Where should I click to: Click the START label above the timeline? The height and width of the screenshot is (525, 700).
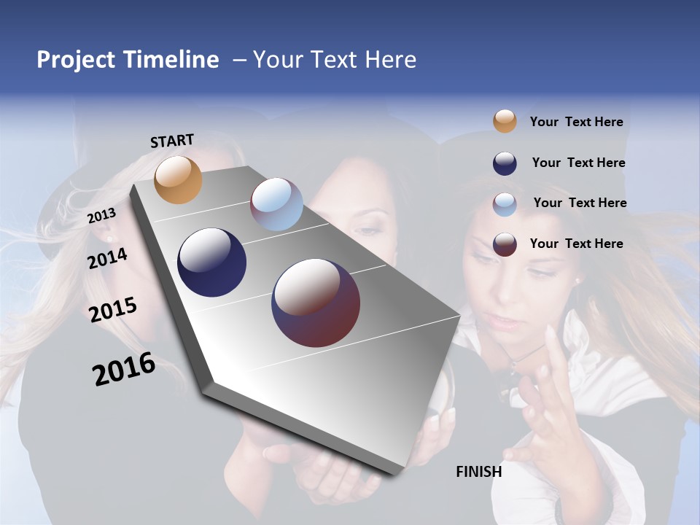(x=172, y=141)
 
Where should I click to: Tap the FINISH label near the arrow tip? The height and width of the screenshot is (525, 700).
(x=478, y=472)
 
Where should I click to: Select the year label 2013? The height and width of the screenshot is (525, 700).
(x=101, y=216)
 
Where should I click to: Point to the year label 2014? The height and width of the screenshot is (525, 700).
(x=107, y=259)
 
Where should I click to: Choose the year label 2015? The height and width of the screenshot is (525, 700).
(x=112, y=310)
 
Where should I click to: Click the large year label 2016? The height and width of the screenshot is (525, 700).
(x=124, y=369)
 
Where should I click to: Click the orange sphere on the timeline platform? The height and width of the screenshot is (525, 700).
(x=178, y=179)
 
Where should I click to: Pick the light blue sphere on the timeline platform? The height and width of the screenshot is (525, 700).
(x=276, y=204)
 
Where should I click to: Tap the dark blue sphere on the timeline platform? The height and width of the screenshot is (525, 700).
(x=212, y=262)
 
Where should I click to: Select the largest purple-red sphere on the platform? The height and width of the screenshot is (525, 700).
(x=316, y=303)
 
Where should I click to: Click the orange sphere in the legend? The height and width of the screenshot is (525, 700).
(x=505, y=122)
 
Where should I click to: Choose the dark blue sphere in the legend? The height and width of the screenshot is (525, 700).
(x=505, y=163)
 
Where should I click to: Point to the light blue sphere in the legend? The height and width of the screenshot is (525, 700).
(x=505, y=203)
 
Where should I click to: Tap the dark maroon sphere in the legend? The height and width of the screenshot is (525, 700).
(x=505, y=244)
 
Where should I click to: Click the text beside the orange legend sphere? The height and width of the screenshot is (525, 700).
(x=576, y=122)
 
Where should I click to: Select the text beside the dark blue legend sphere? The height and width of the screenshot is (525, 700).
(x=578, y=163)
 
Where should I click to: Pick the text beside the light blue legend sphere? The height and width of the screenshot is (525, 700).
(x=580, y=203)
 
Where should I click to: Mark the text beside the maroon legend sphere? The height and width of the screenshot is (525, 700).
(x=576, y=244)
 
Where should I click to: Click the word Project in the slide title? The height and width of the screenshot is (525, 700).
(x=77, y=60)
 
